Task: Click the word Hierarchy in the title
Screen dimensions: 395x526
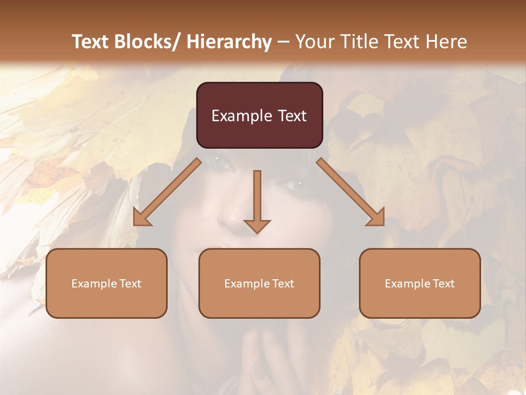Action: (x=228, y=42)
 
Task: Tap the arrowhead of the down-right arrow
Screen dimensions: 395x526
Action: (x=377, y=217)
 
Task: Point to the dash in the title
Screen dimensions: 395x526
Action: (x=283, y=42)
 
